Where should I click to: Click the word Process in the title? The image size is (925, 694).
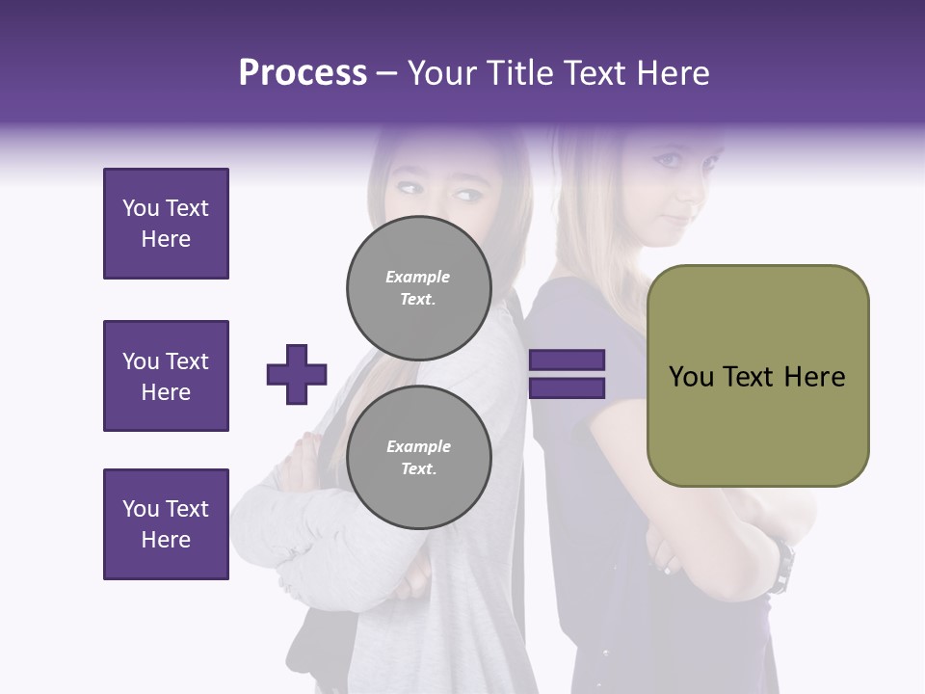tap(303, 73)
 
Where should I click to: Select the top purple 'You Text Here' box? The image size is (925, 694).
tap(166, 224)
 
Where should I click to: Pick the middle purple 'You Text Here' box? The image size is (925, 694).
tap(166, 376)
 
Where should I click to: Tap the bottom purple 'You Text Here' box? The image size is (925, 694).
tap(166, 524)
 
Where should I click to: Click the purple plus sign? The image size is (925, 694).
tap(297, 374)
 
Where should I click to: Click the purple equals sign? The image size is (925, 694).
tap(567, 374)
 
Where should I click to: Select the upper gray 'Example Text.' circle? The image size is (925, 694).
tap(418, 288)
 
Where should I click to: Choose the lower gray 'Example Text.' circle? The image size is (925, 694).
tap(418, 458)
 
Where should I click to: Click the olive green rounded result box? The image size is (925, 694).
tap(757, 376)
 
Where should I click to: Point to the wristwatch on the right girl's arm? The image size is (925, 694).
tap(782, 566)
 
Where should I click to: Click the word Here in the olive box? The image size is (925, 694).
tap(814, 377)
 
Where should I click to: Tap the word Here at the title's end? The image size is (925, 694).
tap(674, 73)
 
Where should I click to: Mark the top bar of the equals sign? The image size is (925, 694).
tap(567, 360)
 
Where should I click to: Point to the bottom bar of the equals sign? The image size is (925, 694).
tap(567, 387)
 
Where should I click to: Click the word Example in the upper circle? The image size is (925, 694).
tap(418, 277)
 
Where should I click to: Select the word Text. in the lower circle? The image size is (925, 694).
tap(418, 469)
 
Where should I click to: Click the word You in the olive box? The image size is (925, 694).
tap(691, 377)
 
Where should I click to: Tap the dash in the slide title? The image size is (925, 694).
tap(387, 74)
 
